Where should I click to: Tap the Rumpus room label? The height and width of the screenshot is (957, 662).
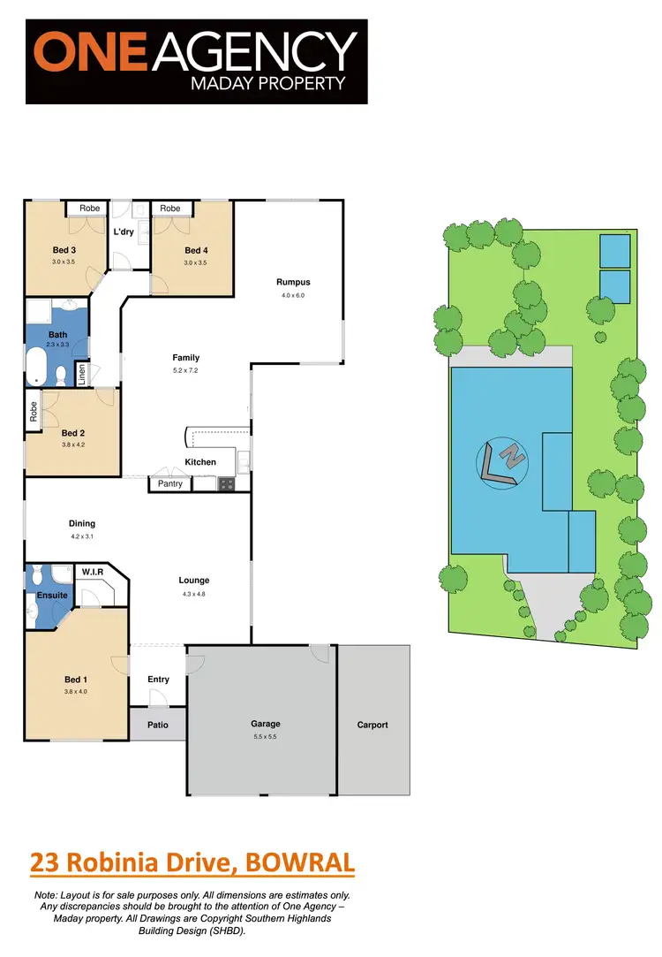[x=292, y=282]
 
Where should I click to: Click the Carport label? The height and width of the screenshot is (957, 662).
[x=372, y=725]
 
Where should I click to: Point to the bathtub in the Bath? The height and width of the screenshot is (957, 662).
[x=36, y=366]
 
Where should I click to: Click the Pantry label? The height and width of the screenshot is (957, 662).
[x=170, y=483]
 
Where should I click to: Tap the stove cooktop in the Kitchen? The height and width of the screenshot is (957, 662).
[x=226, y=483]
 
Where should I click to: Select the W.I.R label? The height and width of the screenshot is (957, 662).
[x=92, y=573]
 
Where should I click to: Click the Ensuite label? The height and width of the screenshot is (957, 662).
[x=52, y=595]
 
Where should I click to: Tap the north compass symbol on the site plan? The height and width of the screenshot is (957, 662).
[x=500, y=462]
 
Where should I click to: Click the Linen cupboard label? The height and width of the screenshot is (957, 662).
[x=81, y=374]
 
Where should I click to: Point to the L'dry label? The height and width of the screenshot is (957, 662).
[x=124, y=232]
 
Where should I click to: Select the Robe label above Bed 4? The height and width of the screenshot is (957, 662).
[x=170, y=209]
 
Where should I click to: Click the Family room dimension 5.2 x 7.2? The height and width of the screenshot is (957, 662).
[x=185, y=370]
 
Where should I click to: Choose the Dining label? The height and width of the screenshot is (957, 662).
[x=81, y=523]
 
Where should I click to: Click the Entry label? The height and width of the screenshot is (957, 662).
[x=158, y=679]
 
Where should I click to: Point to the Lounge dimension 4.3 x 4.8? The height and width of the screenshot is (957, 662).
[x=193, y=594]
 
